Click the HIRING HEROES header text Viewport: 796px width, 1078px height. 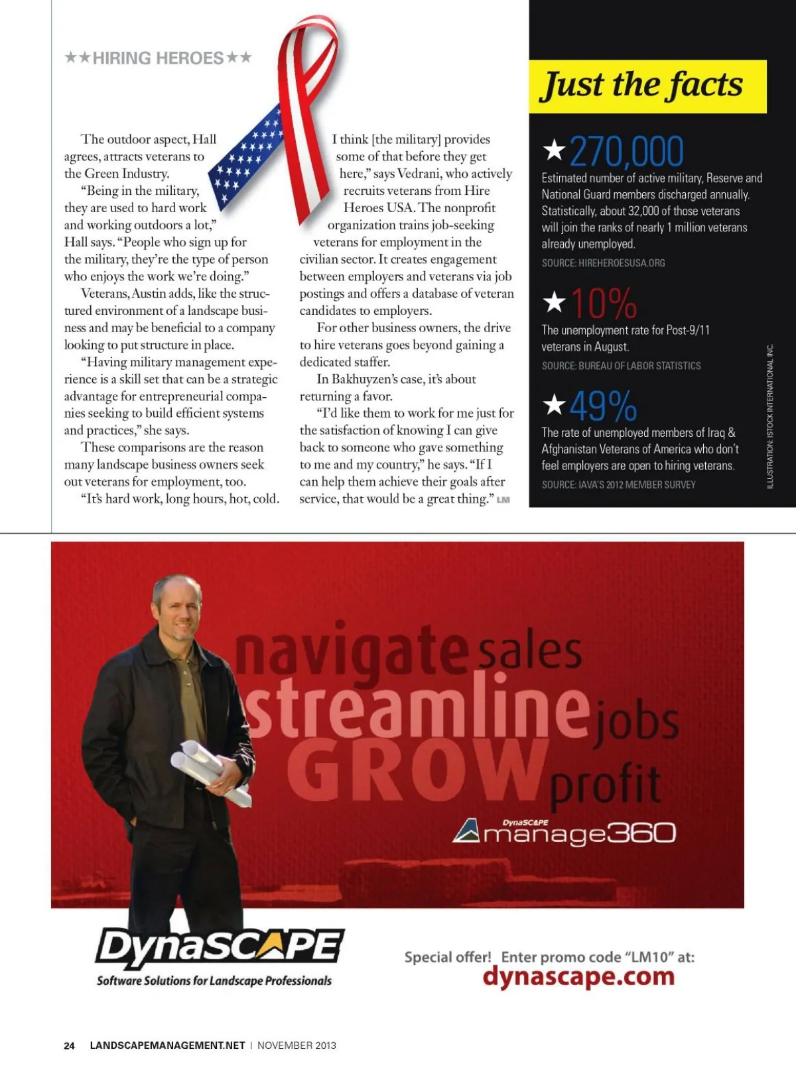coord(158,58)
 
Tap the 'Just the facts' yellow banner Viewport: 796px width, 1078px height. coord(647,86)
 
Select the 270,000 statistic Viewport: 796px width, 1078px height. coord(626,151)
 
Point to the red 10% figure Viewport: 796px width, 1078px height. coord(604,304)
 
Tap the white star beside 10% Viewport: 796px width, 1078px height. coord(554,302)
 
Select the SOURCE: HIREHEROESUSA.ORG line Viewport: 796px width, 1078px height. coord(603,263)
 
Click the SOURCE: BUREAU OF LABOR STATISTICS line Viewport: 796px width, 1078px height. coord(621,366)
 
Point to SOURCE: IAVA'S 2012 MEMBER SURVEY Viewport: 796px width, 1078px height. coord(618,485)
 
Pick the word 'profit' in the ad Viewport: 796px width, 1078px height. coord(605,786)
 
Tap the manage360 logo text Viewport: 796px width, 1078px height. coord(578,834)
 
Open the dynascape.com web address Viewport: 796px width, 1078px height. coord(578,977)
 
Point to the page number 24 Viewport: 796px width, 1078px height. coord(69,1046)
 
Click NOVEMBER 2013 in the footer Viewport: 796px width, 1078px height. coord(297,1046)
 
